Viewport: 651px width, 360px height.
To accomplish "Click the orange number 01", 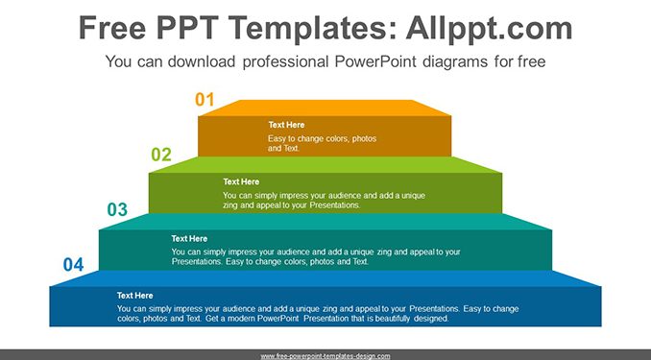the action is [205, 100].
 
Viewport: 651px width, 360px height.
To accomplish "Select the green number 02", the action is [161, 155].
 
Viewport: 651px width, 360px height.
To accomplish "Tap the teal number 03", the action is [117, 209].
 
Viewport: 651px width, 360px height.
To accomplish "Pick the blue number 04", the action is [74, 265].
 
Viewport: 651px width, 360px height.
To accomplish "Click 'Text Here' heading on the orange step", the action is [286, 125].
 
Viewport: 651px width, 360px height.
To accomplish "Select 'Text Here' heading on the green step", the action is [241, 181].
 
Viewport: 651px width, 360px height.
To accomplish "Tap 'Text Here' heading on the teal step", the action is [189, 238].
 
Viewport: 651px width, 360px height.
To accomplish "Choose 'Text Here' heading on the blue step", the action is [135, 296].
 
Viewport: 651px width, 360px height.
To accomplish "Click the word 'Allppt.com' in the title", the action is [489, 28].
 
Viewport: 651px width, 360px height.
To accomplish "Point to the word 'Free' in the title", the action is [112, 28].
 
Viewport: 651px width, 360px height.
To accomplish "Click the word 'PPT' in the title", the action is [188, 28].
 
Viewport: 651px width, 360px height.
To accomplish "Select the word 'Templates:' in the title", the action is [312, 28].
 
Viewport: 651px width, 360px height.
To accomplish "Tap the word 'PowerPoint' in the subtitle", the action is [375, 61].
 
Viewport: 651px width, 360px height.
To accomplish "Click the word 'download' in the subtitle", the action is [202, 61].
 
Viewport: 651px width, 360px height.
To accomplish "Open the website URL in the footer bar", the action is [325, 356].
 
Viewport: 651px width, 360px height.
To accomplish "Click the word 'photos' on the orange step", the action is [364, 138].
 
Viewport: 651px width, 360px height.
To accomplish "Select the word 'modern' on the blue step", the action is [242, 319].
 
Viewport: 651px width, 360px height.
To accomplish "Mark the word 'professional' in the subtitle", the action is [285, 61].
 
